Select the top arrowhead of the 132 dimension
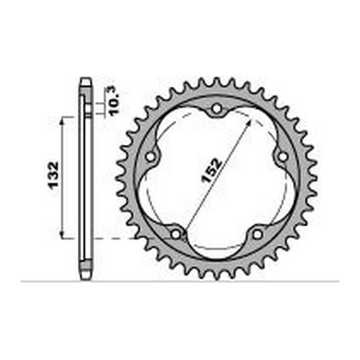click(x=64, y=119)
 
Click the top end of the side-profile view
click(x=84, y=80)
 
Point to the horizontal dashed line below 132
click(x=119, y=237)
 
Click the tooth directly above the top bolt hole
click(x=216, y=83)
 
